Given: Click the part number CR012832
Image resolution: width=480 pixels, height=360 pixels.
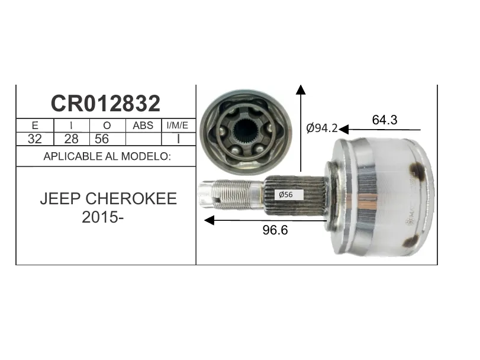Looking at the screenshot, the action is pyautogui.click(x=105, y=103).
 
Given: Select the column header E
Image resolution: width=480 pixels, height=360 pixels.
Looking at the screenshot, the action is pyautogui.click(x=35, y=126).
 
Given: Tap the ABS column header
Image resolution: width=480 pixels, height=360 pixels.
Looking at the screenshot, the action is pyautogui.click(x=143, y=126).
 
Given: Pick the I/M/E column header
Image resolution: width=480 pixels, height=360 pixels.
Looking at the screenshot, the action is pyautogui.click(x=177, y=125).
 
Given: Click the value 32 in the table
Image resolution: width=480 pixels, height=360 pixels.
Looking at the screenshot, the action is pyautogui.click(x=34, y=139).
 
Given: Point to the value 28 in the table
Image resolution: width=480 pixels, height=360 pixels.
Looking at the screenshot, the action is pyautogui.click(x=72, y=139).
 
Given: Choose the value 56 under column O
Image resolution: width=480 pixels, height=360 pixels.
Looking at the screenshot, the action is pyautogui.click(x=102, y=139).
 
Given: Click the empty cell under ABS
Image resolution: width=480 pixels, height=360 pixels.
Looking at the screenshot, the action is pyautogui.click(x=144, y=139).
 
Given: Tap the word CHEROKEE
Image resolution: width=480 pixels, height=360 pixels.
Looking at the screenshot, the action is pyautogui.click(x=131, y=199).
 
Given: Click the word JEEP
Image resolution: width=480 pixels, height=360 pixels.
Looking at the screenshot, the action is pyautogui.click(x=60, y=199).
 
